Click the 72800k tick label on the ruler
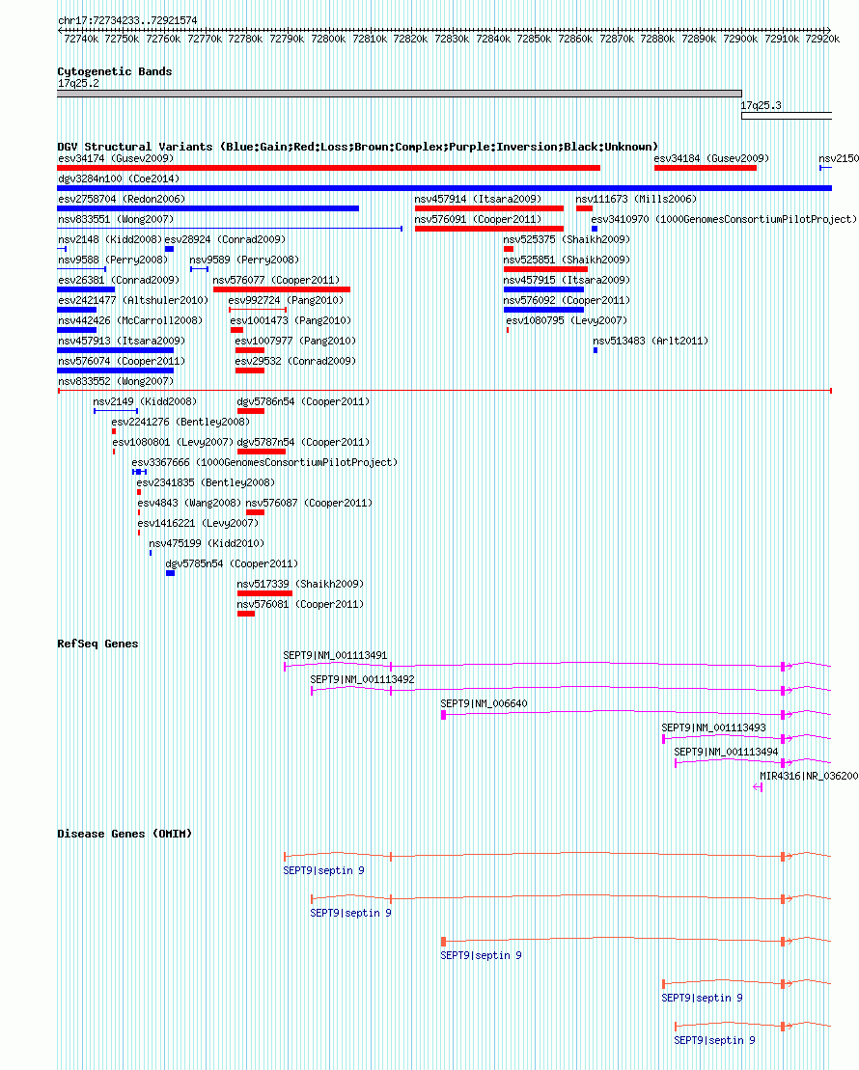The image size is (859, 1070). click(x=328, y=39)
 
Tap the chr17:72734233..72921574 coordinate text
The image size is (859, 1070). click(x=127, y=20)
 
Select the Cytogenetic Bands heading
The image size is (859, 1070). click(x=115, y=71)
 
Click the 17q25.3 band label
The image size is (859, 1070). click(x=762, y=106)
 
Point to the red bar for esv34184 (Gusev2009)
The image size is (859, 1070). click(x=706, y=168)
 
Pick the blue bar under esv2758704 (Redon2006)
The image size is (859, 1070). click(x=208, y=208)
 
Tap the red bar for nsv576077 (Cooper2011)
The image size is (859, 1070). click(x=282, y=289)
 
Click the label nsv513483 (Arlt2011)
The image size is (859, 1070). click(x=651, y=341)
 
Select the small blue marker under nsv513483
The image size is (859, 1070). click(x=596, y=351)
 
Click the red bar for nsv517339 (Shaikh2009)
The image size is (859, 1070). click(x=264, y=593)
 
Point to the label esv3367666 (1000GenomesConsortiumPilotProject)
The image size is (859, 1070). click(x=264, y=463)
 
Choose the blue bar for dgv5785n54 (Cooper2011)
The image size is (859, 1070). click(x=170, y=573)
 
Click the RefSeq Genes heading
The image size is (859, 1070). click(x=97, y=644)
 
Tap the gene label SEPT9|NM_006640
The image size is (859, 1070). click(x=484, y=703)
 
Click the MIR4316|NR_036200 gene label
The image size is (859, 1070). click(x=809, y=776)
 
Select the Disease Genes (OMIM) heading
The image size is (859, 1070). click(x=125, y=834)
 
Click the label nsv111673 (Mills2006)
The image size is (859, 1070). click(x=636, y=200)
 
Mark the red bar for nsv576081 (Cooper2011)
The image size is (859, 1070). click(x=246, y=615)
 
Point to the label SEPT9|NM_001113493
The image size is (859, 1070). click(x=713, y=728)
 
